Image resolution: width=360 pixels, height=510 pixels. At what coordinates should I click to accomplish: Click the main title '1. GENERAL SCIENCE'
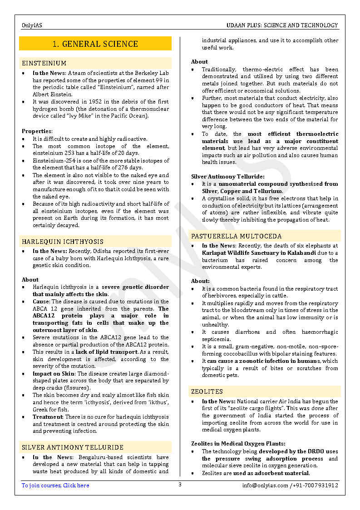[x=95, y=44]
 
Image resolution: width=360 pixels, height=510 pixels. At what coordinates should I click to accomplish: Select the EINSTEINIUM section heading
[x=44, y=63]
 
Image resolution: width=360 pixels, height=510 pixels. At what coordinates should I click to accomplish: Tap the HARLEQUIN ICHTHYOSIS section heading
[x=63, y=242]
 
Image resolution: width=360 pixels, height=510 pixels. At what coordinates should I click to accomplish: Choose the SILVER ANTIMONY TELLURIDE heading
[x=73, y=447]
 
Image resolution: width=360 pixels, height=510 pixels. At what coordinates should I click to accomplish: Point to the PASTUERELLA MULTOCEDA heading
[x=236, y=236]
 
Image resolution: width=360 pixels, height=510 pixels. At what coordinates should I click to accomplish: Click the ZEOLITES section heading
[x=207, y=391]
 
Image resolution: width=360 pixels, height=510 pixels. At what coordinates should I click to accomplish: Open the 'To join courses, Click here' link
[x=55, y=485]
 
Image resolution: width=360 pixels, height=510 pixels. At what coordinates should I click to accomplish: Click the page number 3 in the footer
[x=180, y=485]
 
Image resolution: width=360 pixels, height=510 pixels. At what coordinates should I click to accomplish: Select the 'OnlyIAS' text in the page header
[x=32, y=25]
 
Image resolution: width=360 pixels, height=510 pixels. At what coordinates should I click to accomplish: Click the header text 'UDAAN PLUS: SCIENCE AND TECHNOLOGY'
[x=282, y=25]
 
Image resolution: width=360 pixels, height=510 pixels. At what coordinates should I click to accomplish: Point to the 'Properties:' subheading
[x=37, y=131]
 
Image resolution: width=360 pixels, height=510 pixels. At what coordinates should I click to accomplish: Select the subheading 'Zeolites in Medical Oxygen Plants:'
[x=238, y=444]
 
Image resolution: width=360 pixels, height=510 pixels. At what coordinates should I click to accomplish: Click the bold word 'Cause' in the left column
[x=41, y=302]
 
